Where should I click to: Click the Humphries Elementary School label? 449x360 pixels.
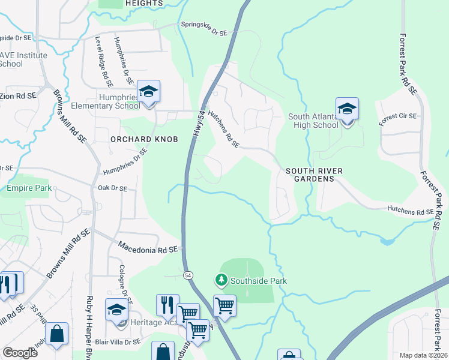tap(119, 101)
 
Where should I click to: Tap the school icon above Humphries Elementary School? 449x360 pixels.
tap(148, 92)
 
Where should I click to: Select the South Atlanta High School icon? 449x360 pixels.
tap(347, 109)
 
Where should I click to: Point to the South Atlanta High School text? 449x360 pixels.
tap(313, 121)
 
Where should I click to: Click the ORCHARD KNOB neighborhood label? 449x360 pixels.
tap(144, 139)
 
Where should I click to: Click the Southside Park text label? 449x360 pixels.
tap(259, 281)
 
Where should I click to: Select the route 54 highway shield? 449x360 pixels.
tap(188, 275)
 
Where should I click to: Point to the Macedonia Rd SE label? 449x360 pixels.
tap(149, 247)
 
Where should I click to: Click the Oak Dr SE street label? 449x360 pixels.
tap(112, 188)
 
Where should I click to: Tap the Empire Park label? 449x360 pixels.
tap(26, 188)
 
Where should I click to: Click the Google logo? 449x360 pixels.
tap(20, 352)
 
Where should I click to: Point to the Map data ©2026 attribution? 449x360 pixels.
tap(423, 355)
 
